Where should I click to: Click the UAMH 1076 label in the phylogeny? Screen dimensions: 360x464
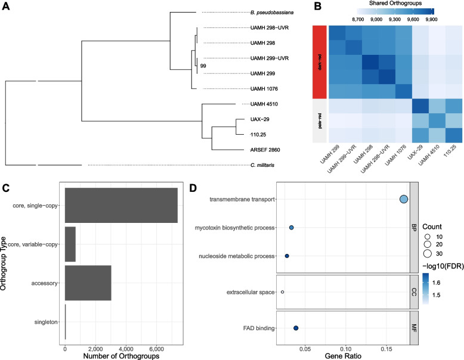pos(264,88)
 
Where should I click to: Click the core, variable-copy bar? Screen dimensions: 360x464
pos(70,244)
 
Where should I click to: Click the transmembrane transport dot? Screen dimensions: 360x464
pos(403,199)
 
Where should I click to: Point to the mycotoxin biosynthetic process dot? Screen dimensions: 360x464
pos(292,228)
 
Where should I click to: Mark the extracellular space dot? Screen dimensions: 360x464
pos(282,292)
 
